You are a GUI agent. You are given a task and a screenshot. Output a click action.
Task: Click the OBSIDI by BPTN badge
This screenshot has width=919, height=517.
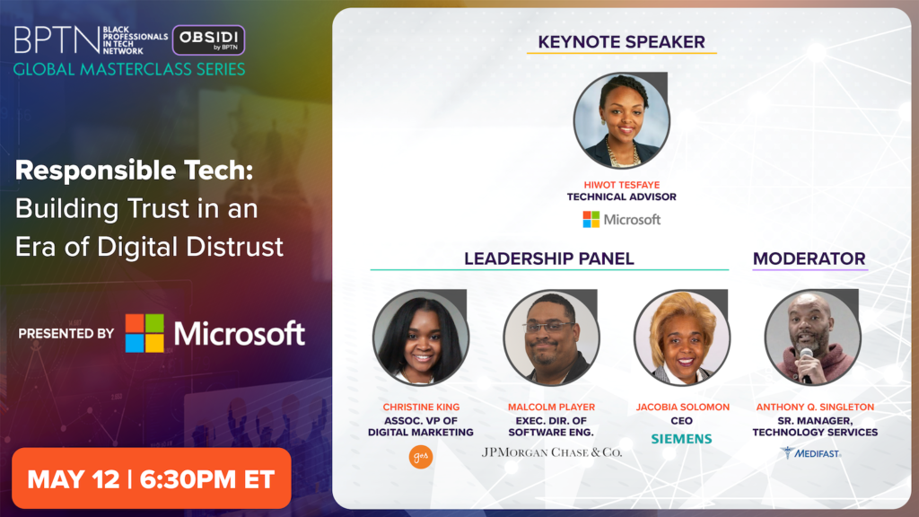pyautogui.click(x=208, y=39)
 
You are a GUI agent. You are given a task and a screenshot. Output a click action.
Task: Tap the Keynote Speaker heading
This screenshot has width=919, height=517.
pyautogui.click(x=621, y=42)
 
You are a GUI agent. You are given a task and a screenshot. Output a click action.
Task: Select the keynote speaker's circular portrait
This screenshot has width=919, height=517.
pyautogui.click(x=621, y=121)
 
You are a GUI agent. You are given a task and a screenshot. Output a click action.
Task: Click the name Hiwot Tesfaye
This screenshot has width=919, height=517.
pyautogui.click(x=621, y=185)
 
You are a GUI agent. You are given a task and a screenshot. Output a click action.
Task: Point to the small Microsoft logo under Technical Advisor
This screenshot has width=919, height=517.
pyautogui.click(x=621, y=219)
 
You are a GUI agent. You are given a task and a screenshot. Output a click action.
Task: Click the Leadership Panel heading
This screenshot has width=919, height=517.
pyautogui.click(x=549, y=258)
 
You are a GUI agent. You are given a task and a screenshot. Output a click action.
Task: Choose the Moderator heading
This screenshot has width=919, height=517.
pyautogui.click(x=809, y=258)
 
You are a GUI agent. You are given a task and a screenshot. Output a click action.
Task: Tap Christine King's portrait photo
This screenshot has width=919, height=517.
pyautogui.click(x=421, y=337)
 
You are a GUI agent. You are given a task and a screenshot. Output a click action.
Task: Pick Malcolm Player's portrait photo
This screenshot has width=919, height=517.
pyautogui.click(x=552, y=337)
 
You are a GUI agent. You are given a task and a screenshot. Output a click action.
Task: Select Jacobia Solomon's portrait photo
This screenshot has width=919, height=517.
pyautogui.click(x=682, y=337)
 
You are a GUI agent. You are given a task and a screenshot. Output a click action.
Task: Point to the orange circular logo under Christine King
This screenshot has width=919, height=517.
pyautogui.click(x=421, y=457)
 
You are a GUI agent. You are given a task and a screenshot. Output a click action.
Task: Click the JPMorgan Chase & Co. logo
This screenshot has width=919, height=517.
pyautogui.click(x=552, y=452)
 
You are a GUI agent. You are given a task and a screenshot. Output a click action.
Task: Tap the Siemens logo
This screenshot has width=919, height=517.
pyautogui.click(x=682, y=438)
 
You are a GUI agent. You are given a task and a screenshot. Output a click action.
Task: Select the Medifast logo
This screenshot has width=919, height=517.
pyautogui.click(x=810, y=452)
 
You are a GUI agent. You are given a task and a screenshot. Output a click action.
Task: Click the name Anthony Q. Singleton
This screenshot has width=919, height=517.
pyautogui.click(x=815, y=407)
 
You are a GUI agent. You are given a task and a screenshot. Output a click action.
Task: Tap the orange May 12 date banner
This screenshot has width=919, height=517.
pyautogui.click(x=151, y=478)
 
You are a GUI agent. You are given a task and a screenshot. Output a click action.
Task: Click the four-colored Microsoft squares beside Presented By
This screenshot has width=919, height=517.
pyautogui.click(x=144, y=333)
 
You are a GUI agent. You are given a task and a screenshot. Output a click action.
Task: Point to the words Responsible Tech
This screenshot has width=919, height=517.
pyautogui.click(x=135, y=171)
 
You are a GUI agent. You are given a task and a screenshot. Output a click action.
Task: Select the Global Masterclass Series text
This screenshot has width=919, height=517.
pyautogui.click(x=129, y=69)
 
